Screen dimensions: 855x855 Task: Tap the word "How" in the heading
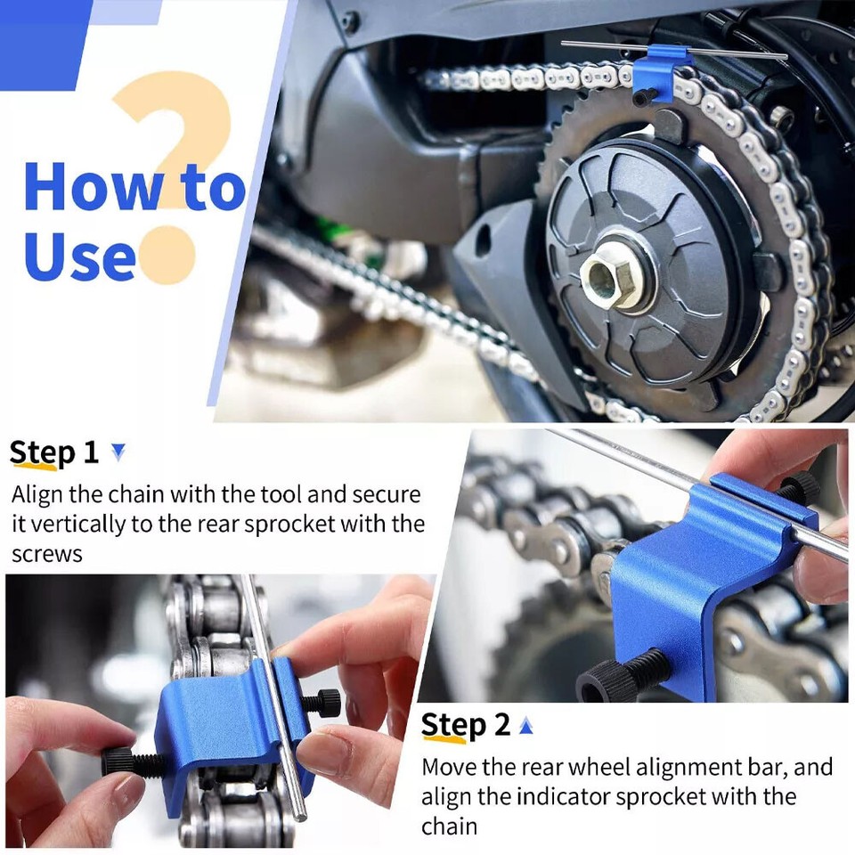[x=92, y=186]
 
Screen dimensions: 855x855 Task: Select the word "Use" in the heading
[x=79, y=256]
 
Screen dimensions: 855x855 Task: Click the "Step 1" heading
[x=53, y=453]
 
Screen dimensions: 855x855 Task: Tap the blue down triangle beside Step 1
[x=118, y=452]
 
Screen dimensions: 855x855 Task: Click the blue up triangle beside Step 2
[x=525, y=726]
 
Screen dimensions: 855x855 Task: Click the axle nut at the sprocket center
[x=606, y=277]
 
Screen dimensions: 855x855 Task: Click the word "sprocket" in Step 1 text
[x=289, y=524]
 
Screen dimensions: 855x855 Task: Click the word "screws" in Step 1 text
[x=47, y=555]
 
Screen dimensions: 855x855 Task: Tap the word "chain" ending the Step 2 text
[x=449, y=826]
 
